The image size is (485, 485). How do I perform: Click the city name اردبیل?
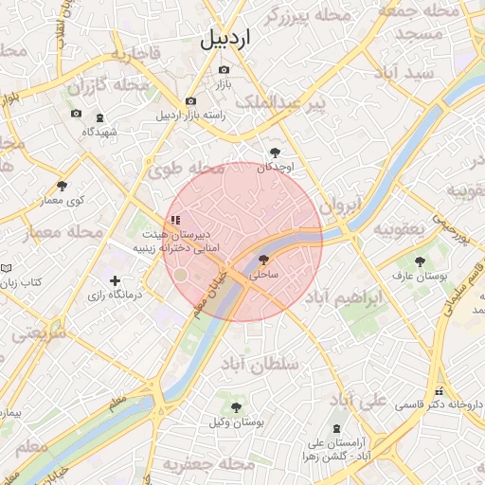click(x=227, y=40)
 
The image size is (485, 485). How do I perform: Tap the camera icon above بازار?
click(x=224, y=69)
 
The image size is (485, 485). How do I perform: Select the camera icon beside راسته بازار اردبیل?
click(x=190, y=101)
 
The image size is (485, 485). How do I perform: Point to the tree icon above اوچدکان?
click(x=275, y=152)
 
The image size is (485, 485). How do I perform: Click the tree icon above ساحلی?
click(x=263, y=259)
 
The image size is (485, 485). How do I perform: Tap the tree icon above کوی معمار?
click(x=63, y=186)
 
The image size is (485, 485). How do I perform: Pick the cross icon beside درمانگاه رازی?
click(x=116, y=280)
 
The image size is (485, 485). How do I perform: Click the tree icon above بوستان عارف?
click(x=419, y=260)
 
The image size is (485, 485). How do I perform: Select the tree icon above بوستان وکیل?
click(x=236, y=406)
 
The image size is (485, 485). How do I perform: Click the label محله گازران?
click(x=109, y=86)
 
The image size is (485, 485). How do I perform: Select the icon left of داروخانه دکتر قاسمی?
click(x=438, y=391)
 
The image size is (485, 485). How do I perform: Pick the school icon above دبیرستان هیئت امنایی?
click(x=175, y=220)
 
